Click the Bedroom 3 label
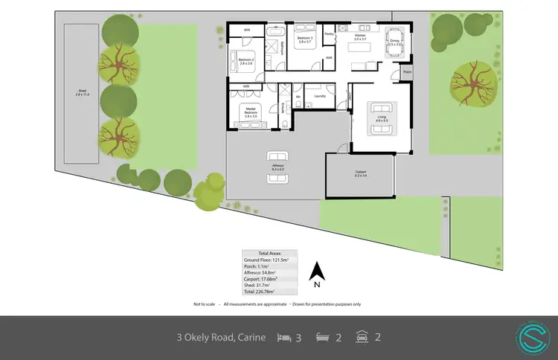click(305, 38)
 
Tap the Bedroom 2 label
click(246, 60)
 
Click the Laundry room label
click(321, 96)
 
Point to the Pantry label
click(328, 34)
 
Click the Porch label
click(406, 71)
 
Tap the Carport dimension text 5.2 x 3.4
click(361, 177)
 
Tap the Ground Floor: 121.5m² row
click(269, 259)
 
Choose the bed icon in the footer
click(284, 337)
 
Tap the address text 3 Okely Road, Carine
click(221, 338)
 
